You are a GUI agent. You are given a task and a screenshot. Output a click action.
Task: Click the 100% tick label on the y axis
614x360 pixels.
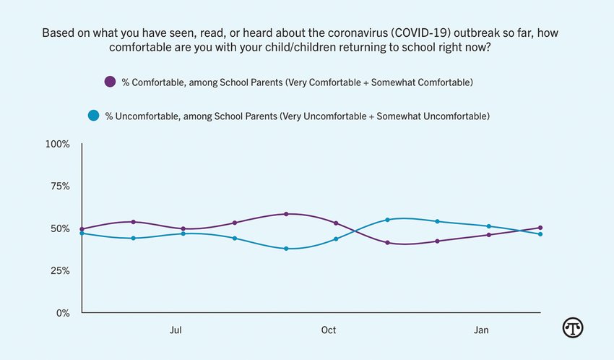57,144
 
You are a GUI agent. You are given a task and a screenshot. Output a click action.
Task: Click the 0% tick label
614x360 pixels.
62,313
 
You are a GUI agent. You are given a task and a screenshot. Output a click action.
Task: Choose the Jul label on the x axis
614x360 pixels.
176,330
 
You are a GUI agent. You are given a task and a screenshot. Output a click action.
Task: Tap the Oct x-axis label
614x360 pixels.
329,330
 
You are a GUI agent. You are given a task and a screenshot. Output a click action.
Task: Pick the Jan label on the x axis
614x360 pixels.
481,330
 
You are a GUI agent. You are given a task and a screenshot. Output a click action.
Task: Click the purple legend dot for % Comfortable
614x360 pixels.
110,82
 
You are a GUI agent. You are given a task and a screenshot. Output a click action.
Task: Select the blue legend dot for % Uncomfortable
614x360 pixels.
93,115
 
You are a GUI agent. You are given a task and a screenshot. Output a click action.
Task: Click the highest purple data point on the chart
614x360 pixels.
286,214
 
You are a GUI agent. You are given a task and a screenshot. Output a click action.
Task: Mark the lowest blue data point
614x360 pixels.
286,249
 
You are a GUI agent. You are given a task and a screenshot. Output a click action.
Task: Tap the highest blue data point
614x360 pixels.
388,220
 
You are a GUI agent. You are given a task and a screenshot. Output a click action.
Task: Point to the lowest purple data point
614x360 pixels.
388,243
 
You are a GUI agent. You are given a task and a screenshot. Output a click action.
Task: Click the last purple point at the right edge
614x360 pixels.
540,228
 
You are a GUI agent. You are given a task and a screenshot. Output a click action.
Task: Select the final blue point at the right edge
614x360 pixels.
540,234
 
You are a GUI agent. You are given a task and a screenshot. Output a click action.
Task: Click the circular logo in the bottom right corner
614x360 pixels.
573,327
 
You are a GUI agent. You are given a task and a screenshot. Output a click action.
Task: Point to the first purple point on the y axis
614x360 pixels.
82,229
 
